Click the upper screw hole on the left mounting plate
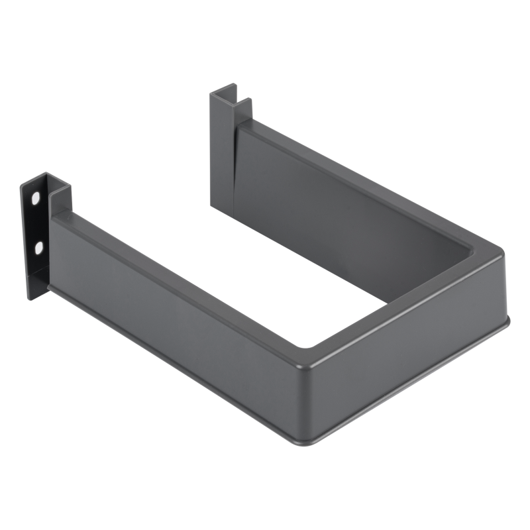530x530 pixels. click(36, 197)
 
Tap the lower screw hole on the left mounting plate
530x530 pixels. click(39, 248)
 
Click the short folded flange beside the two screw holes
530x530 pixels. click(62, 199)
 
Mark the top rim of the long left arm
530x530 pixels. click(185, 265)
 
